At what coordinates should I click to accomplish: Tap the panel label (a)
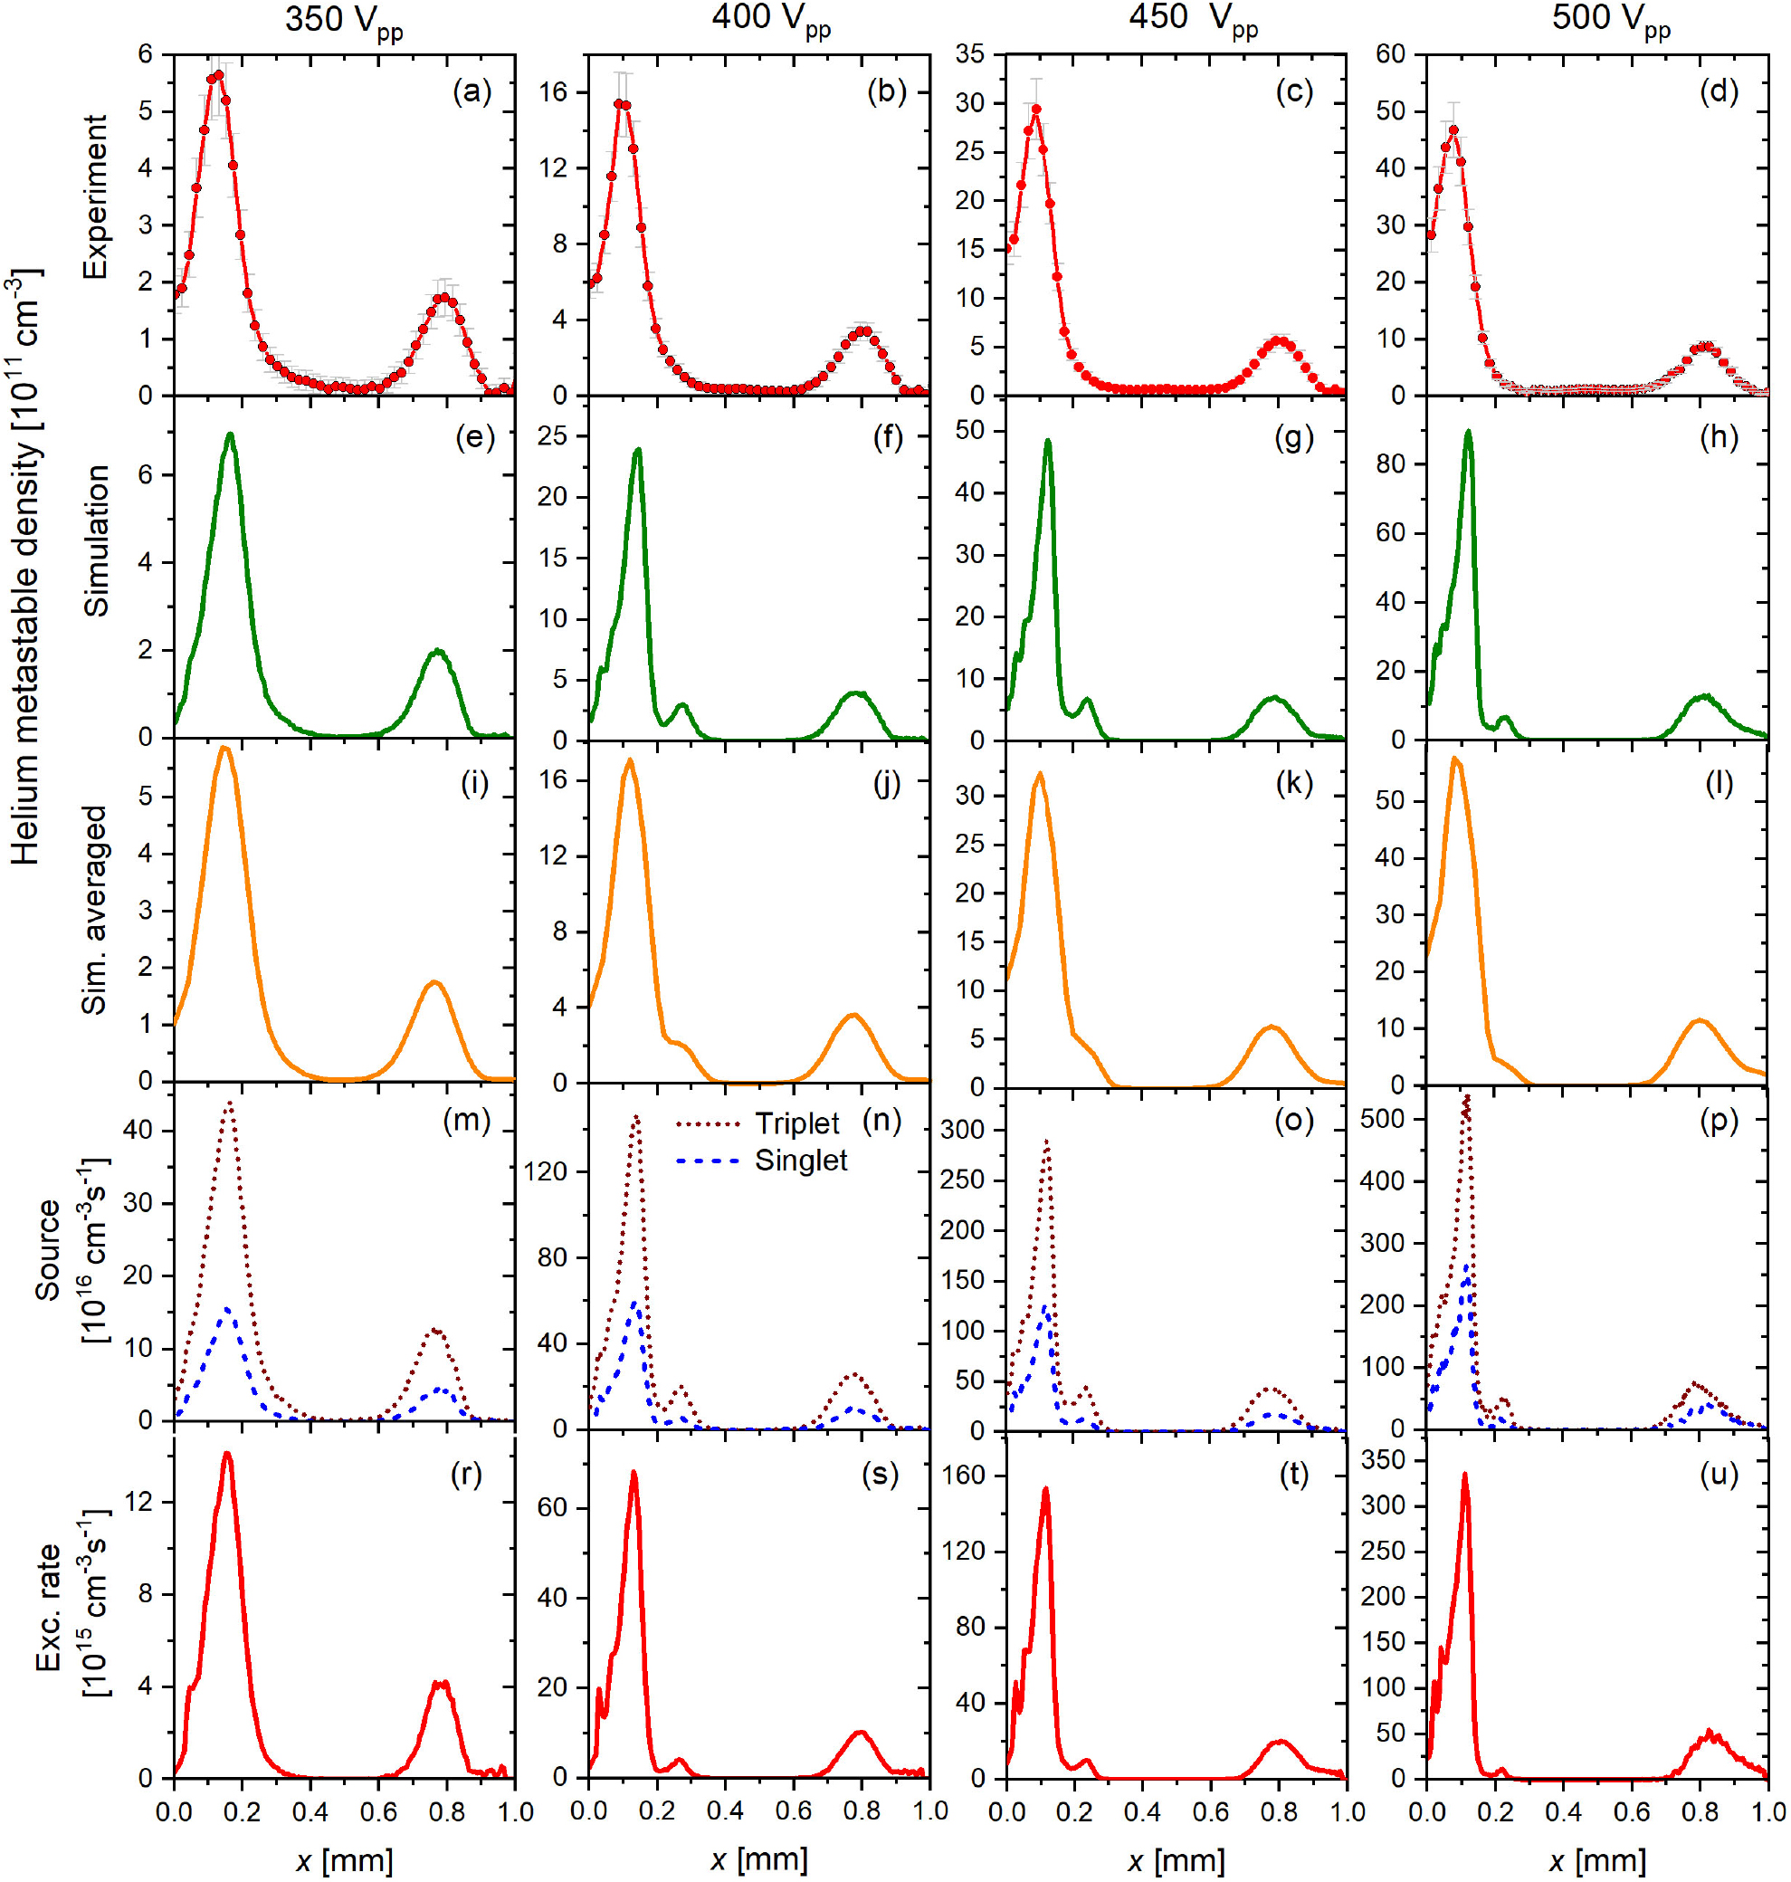pos(472,91)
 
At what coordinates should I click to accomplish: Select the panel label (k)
pos(1293,783)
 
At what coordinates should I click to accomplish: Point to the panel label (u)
pos(1719,1475)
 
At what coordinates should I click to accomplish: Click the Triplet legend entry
pos(796,1123)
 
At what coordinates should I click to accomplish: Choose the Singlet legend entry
pos(800,1161)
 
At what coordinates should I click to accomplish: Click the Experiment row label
pos(94,196)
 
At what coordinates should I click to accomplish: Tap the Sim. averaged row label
pos(93,910)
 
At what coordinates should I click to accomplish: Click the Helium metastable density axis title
pos(27,568)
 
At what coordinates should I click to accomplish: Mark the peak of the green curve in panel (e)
pos(230,435)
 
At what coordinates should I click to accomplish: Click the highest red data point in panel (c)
pos(1036,109)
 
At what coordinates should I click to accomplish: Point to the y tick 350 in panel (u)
pos(1383,1460)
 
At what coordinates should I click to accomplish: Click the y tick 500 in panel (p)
pos(1383,1118)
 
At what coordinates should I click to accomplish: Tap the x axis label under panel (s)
pos(759,1859)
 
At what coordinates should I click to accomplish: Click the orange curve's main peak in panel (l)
pos(1454,759)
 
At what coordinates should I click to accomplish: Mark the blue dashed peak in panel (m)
pos(227,1309)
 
